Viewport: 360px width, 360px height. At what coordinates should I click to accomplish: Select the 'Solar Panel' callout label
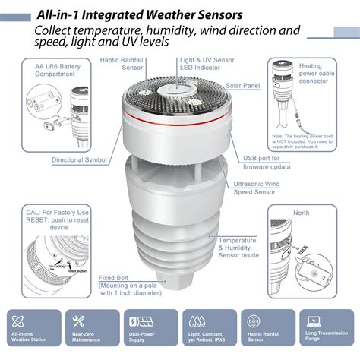click(242, 87)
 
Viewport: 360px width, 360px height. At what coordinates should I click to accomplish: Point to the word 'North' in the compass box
click(302, 213)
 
